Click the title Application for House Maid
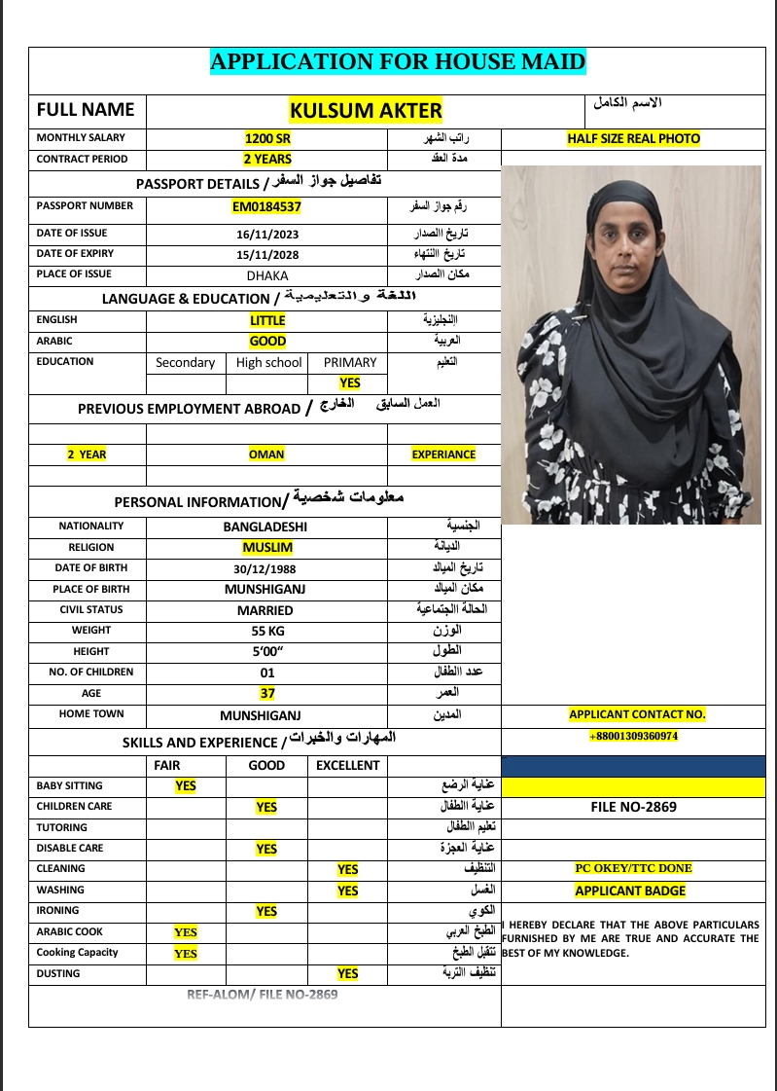(x=398, y=63)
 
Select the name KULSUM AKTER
(x=366, y=110)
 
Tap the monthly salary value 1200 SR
(x=267, y=138)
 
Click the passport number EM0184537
(x=267, y=206)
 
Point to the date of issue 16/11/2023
(x=267, y=235)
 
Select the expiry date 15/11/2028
(x=267, y=255)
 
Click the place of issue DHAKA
(x=267, y=275)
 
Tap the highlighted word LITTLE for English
(x=267, y=320)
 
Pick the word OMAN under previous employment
(x=267, y=455)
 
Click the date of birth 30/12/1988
(x=267, y=569)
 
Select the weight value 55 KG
(x=266, y=631)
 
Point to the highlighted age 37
(x=267, y=694)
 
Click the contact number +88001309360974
(x=633, y=737)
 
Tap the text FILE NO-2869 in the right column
(x=633, y=807)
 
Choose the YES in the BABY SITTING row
(x=186, y=785)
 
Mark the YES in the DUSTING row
(x=347, y=973)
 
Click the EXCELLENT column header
(x=347, y=765)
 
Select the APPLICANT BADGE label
(x=630, y=891)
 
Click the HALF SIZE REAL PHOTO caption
(x=633, y=138)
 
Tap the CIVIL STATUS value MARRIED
(x=265, y=610)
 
